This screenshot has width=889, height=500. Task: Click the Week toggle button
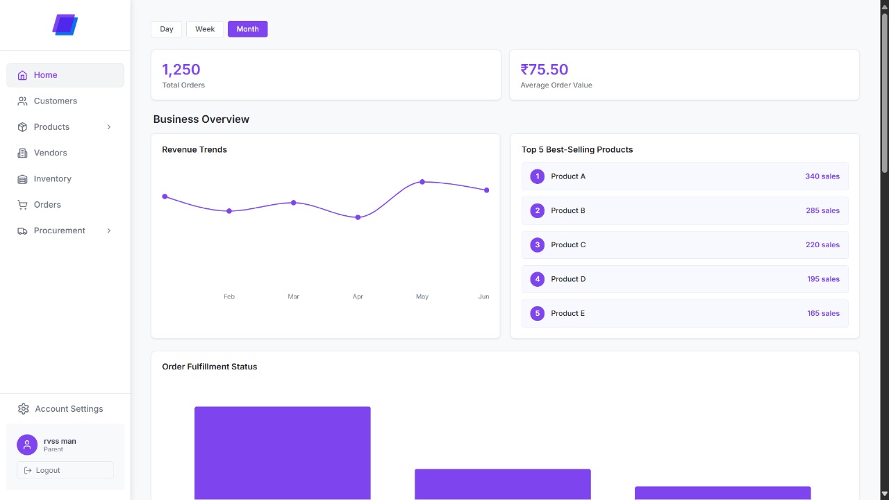(205, 29)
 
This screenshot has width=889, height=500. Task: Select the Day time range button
(167, 29)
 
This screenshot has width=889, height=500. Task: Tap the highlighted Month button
(247, 29)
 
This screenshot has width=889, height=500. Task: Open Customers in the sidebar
(55, 101)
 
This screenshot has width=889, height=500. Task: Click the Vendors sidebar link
(50, 153)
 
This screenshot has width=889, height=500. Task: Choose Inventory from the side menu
(52, 178)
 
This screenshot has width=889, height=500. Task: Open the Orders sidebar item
(47, 205)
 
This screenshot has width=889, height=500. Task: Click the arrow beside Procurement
(109, 231)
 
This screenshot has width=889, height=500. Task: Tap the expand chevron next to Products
(109, 127)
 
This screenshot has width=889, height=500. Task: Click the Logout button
(65, 470)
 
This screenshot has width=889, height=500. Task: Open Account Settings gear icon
(24, 409)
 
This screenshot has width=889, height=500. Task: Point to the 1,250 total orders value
(181, 69)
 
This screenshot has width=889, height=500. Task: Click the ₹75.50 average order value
(545, 69)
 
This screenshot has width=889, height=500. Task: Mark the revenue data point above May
(422, 182)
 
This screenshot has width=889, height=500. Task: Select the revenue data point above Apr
(358, 217)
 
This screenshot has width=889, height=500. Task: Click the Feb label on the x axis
(229, 297)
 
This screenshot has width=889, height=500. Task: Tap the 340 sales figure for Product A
(822, 176)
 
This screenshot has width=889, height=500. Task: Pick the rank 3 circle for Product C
(537, 244)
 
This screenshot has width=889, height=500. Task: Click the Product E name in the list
(567, 313)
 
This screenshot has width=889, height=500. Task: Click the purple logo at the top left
(65, 25)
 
